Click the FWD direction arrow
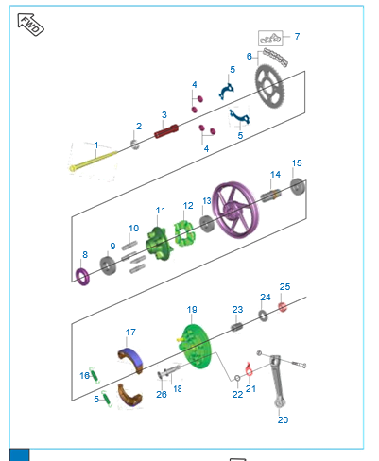click(30, 25)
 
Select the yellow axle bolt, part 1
click(94, 161)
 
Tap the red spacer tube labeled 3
click(166, 131)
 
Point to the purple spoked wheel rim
click(235, 210)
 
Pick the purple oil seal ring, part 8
click(82, 277)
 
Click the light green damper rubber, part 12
click(184, 233)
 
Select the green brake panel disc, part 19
click(198, 347)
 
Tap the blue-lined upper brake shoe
click(131, 360)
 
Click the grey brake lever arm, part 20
click(278, 382)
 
